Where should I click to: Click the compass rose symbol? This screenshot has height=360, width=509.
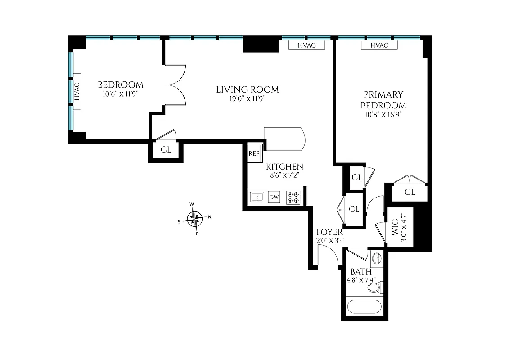(194, 219)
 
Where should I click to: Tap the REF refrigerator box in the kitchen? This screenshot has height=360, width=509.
(254, 153)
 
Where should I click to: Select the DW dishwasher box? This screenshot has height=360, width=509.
(274, 197)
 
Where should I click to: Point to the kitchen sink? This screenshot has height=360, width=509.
(257, 197)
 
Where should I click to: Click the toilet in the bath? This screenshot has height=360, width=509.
(374, 286)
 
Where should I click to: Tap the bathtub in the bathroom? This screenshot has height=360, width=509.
(365, 307)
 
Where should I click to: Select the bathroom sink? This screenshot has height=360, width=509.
(376, 259)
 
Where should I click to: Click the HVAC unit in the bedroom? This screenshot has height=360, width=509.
(77, 92)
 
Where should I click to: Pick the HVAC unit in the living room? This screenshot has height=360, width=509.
(306, 45)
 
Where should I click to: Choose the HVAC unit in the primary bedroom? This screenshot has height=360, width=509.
(379, 45)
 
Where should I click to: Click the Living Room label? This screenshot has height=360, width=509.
(247, 90)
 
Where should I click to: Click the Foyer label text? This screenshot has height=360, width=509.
(329, 232)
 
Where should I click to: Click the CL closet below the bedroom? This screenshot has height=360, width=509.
(166, 150)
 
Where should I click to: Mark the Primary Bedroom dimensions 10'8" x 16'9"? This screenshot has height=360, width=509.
(383, 114)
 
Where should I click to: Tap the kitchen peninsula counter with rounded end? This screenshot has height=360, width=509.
(284, 139)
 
